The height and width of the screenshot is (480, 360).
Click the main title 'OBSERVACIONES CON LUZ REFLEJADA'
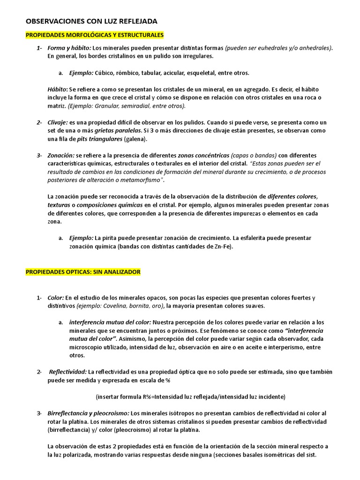tap(91, 22)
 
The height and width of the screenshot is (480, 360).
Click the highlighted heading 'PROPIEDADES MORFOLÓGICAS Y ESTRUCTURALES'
tap(94, 35)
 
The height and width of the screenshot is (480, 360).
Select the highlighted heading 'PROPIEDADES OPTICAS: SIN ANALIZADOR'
tap(82, 272)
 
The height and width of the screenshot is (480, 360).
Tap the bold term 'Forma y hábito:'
tap(69, 48)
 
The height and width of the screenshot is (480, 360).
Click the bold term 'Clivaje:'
tap(58, 122)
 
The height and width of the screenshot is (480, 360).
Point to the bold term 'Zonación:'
tap(61, 155)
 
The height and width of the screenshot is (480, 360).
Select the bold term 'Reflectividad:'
tap(67, 372)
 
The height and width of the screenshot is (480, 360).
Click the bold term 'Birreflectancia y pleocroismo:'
tap(89, 413)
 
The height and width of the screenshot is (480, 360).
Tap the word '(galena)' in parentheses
tap(136, 139)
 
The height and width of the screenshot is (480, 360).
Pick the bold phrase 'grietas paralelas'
tap(118, 131)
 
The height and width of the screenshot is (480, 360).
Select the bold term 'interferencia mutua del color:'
tap(110, 322)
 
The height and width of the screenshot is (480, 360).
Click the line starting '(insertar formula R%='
tap(190, 397)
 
